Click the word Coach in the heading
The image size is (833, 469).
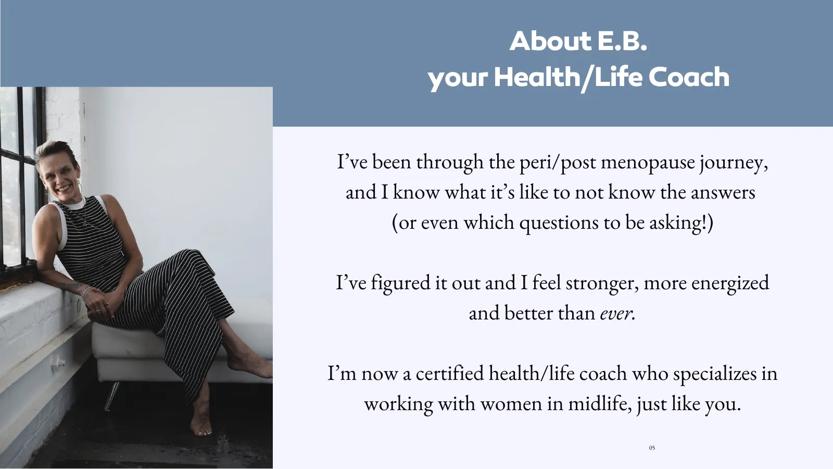pyautogui.click(x=689, y=77)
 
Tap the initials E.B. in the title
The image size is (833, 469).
pyautogui.click(x=622, y=41)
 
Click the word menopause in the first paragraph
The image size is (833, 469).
pyautogui.click(x=648, y=162)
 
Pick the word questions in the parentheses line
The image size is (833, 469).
pyautogui.click(x=559, y=223)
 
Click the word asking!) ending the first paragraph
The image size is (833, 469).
pyautogui.click(x=681, y=223)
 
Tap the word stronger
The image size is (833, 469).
pyautogui.click(x=602, y=283)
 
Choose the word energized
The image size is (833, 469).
pyautogui.click(x=730, y=283)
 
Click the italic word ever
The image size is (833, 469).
pyautogui.click(x=617, y=313)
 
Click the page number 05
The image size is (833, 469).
pyautogui.click(x=652, y=448)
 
